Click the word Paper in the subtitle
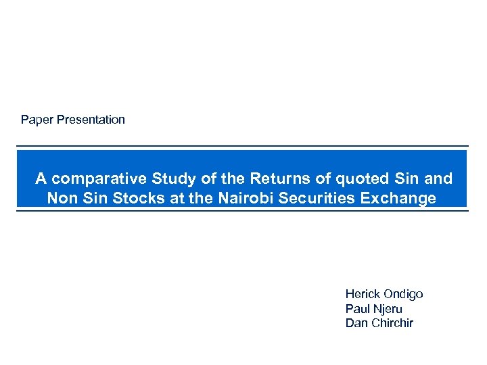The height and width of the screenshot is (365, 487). click(37, 120)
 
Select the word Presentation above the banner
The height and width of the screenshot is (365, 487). click(91, 120)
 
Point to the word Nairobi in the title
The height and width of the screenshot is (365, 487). click(213, 198)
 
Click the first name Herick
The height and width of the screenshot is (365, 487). click(363, 294)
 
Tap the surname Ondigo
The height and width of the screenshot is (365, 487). click(403, 294)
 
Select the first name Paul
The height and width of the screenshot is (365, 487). click(357, 309)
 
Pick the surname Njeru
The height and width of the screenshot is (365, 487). click(387, 309)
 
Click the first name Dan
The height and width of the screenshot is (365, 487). click(356, 323)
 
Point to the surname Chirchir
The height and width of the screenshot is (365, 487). click(392, 323)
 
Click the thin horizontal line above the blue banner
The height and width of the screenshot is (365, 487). click(242, 146)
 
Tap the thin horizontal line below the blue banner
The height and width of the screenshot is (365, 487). click(242, 211)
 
